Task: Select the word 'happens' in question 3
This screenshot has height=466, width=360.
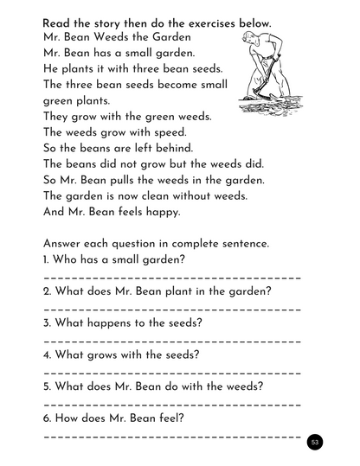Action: pos(110,322)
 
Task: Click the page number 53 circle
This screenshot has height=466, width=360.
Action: pos(315,443)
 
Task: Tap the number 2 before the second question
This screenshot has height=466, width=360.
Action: pos(46,291)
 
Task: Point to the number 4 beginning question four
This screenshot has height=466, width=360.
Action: pos(46,354)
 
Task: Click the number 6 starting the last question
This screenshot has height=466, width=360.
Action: pos(46,418)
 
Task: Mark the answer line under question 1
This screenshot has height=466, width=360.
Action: pos(171,278)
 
